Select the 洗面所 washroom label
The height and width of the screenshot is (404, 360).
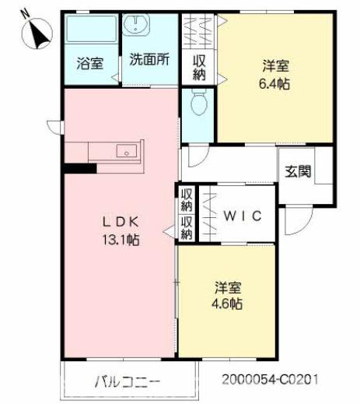(149, 59)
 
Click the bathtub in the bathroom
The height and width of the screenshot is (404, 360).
(89, 30)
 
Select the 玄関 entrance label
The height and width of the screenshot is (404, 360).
(298, 171)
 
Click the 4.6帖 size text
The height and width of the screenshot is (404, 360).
(229, 303)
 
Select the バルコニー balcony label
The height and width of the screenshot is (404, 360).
(128, 382)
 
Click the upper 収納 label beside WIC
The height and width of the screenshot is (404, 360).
(187, 200)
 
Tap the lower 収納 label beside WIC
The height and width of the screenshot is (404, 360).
(187, 228)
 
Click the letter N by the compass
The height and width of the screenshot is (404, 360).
(26, 12)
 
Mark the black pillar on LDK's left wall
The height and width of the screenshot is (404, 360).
(79, 167)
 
